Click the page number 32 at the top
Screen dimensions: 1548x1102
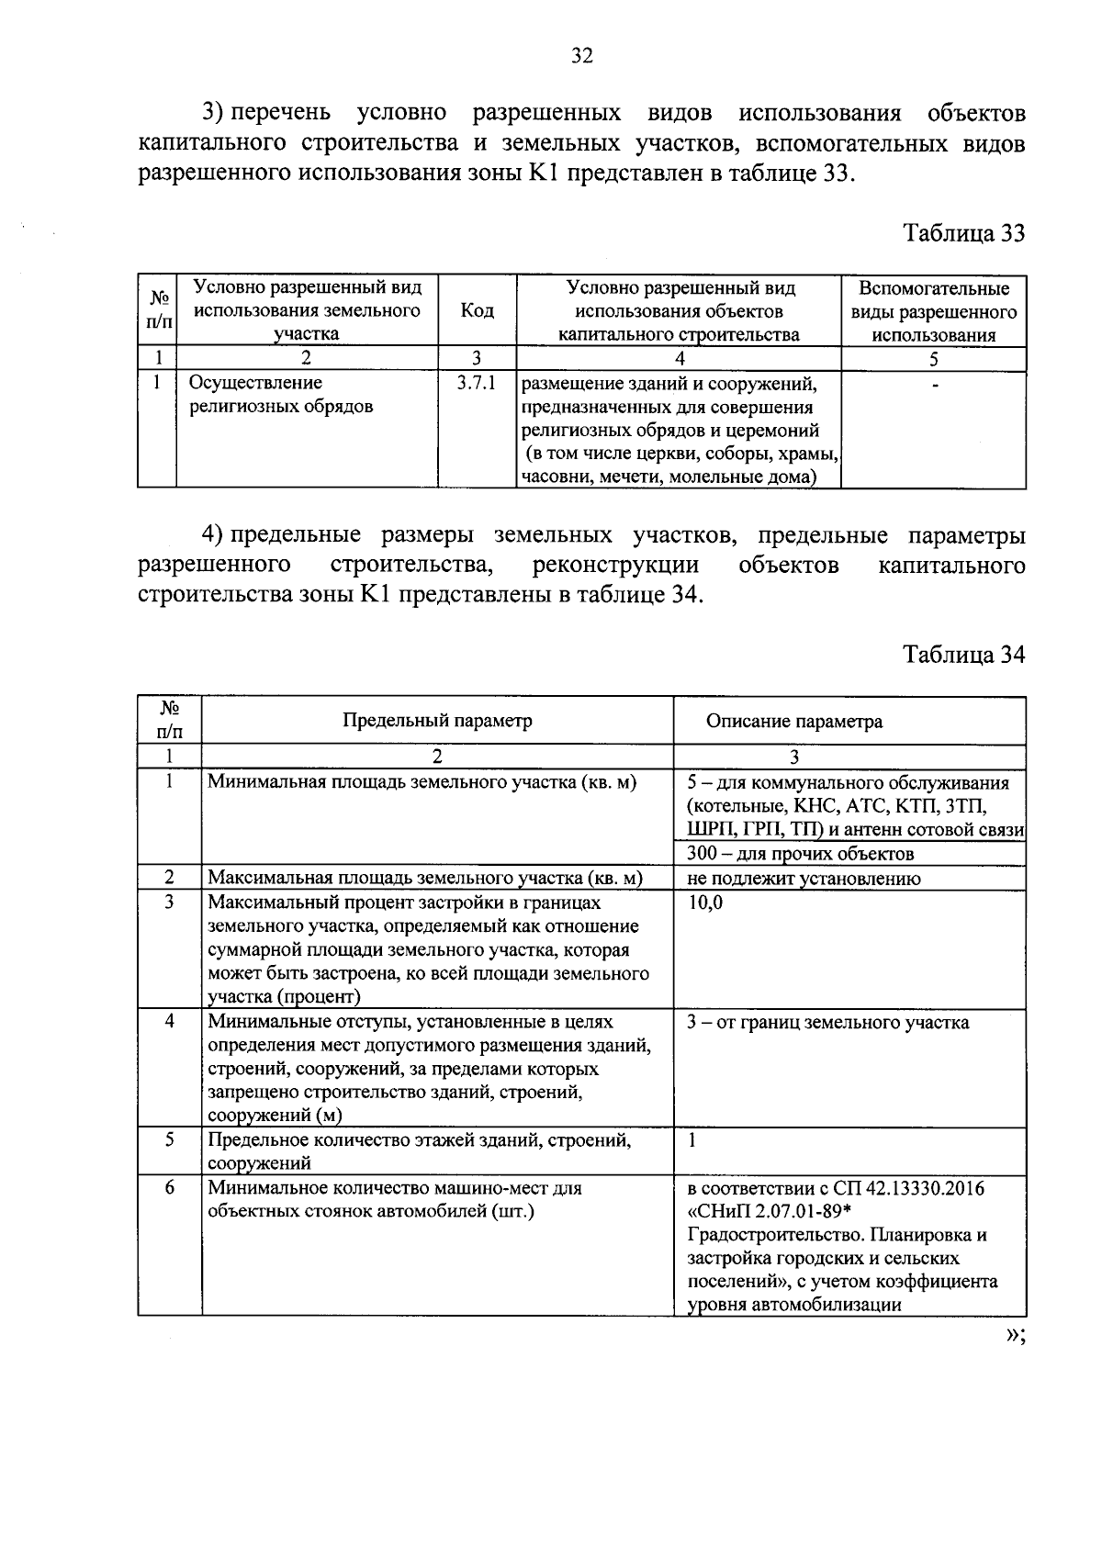pyautogui.click(x=582, y=57)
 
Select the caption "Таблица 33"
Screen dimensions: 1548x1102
pyautogui.click(x=963, y=233)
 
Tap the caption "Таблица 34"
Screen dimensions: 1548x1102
pyautogui.click(x=963, y=655)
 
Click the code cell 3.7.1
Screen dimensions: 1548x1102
pyautogui.click(x=476, y=383)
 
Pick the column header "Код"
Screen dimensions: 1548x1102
pyautogui.click(x=477, y=311)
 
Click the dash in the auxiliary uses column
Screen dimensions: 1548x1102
pyautogui.click(x=935, y=386)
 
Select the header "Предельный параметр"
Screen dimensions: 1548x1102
pyautogui.click(x=437, y=721)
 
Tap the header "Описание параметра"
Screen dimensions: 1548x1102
pyautogui.click(x=793, y=722)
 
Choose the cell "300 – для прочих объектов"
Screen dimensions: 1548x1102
pyautogui.click(x=800, y=855)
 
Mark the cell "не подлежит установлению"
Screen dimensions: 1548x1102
pyautogui.click(x=804, y=879)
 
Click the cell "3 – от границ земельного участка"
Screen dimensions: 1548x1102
pyautogui.click(x=827, y=1023)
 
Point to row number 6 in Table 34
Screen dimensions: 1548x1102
pyautogui.click(x=170, y=1188)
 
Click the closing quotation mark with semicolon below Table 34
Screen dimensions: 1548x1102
pyautogui.click(x=1013, y=1337)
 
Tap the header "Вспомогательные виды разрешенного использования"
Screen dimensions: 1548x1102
pyautogui.click(x=934, y=311)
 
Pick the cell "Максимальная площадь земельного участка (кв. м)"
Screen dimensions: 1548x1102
pyautogui.click(x=424, y=879)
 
